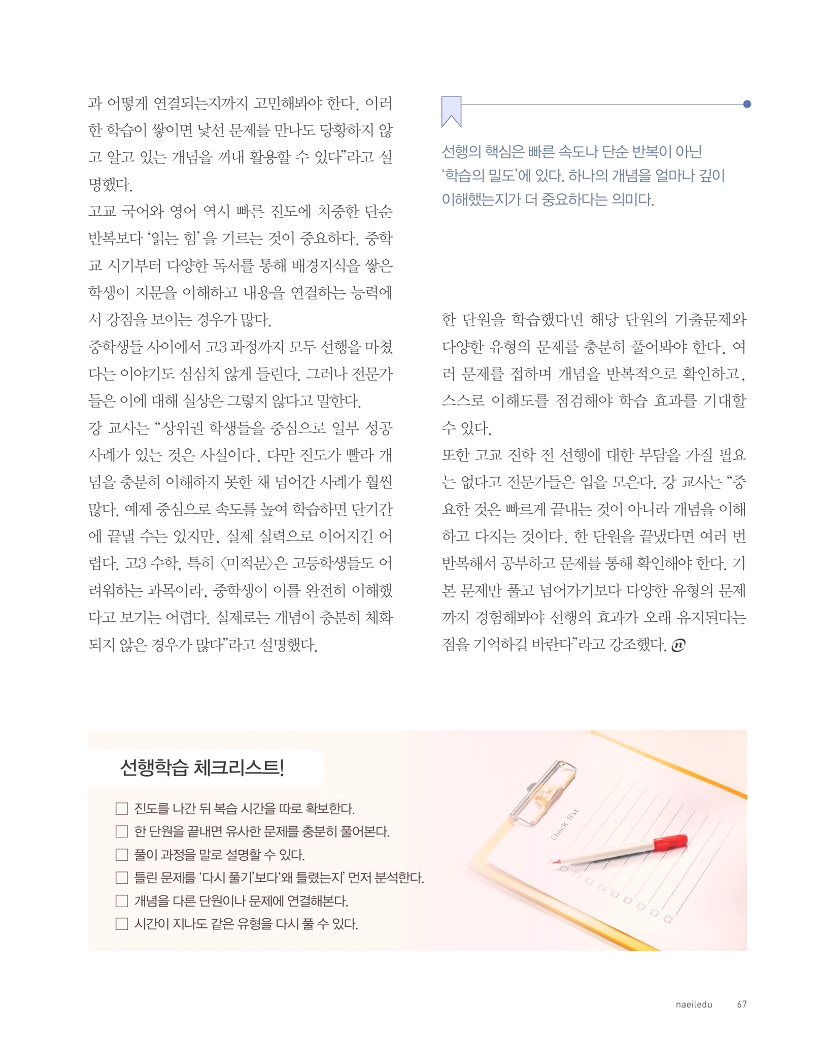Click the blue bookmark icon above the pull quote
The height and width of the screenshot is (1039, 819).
pos(451,111)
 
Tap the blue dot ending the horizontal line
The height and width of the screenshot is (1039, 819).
pos(746,105)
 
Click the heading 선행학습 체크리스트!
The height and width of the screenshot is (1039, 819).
pos(202,767)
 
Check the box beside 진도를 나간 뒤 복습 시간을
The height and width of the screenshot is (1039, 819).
pos(122,809)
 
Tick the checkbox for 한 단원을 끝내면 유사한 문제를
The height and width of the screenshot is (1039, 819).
pos(122,831)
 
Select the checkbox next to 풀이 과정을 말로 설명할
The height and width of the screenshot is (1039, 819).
pos(122,855)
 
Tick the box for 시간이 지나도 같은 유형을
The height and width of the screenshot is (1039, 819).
pos(122,924)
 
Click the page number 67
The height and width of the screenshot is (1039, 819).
pos(741,1004)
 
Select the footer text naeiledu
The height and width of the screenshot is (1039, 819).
pos(694,1004)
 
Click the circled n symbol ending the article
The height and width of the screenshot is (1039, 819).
pos(678,645)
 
